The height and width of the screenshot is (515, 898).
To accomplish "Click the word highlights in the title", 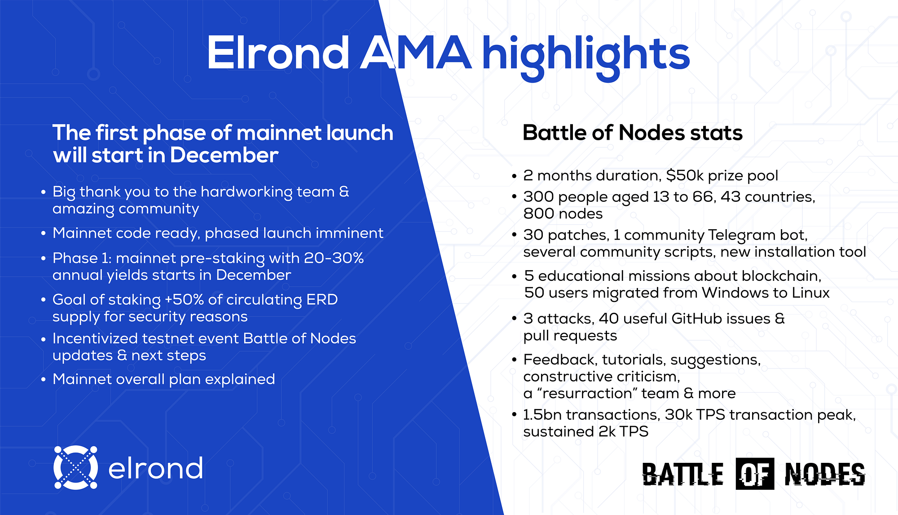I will tap(585, 55).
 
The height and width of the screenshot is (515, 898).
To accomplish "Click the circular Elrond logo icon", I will tap(75, 467).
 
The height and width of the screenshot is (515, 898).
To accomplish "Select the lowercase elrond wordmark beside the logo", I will tap(155, 469).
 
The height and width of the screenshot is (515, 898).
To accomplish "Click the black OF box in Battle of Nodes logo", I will tap(755, 474).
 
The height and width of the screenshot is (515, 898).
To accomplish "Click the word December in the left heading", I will tap(224, 155).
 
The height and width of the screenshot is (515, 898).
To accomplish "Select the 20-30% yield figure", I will tap(334, 258).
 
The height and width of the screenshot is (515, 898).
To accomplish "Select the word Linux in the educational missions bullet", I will tap(810, 293).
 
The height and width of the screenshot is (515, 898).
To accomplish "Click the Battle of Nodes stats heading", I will tap(632, 133).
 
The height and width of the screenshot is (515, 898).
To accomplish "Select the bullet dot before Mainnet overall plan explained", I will tap(44, 380).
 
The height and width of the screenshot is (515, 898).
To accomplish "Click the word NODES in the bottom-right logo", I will tap(824, 475).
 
